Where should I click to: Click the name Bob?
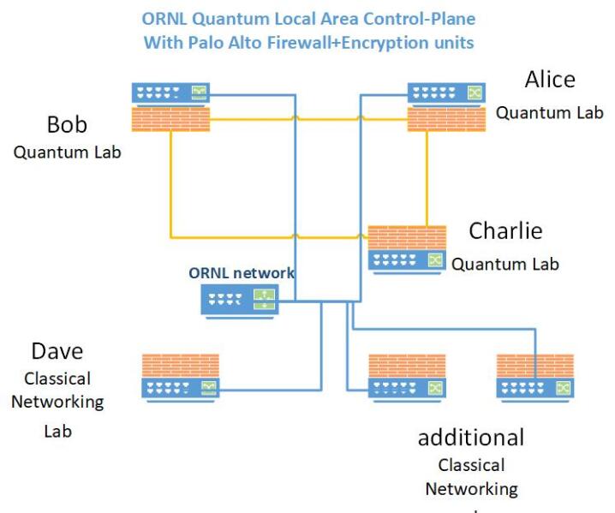coord(67,125)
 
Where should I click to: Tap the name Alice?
coord(549,80)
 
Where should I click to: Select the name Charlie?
coord(505,230)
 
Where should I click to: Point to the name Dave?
coord(57,351)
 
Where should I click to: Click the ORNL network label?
coord(242,273)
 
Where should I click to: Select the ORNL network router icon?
coord(240,300)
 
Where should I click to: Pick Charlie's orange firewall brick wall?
coord(407,237)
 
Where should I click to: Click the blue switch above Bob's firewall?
coord(171,93)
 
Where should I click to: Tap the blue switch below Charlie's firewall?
coord(407,260)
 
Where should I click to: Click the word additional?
coord(470,438)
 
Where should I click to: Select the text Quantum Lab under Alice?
coord(540,112)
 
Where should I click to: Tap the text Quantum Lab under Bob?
coord(67,153)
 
